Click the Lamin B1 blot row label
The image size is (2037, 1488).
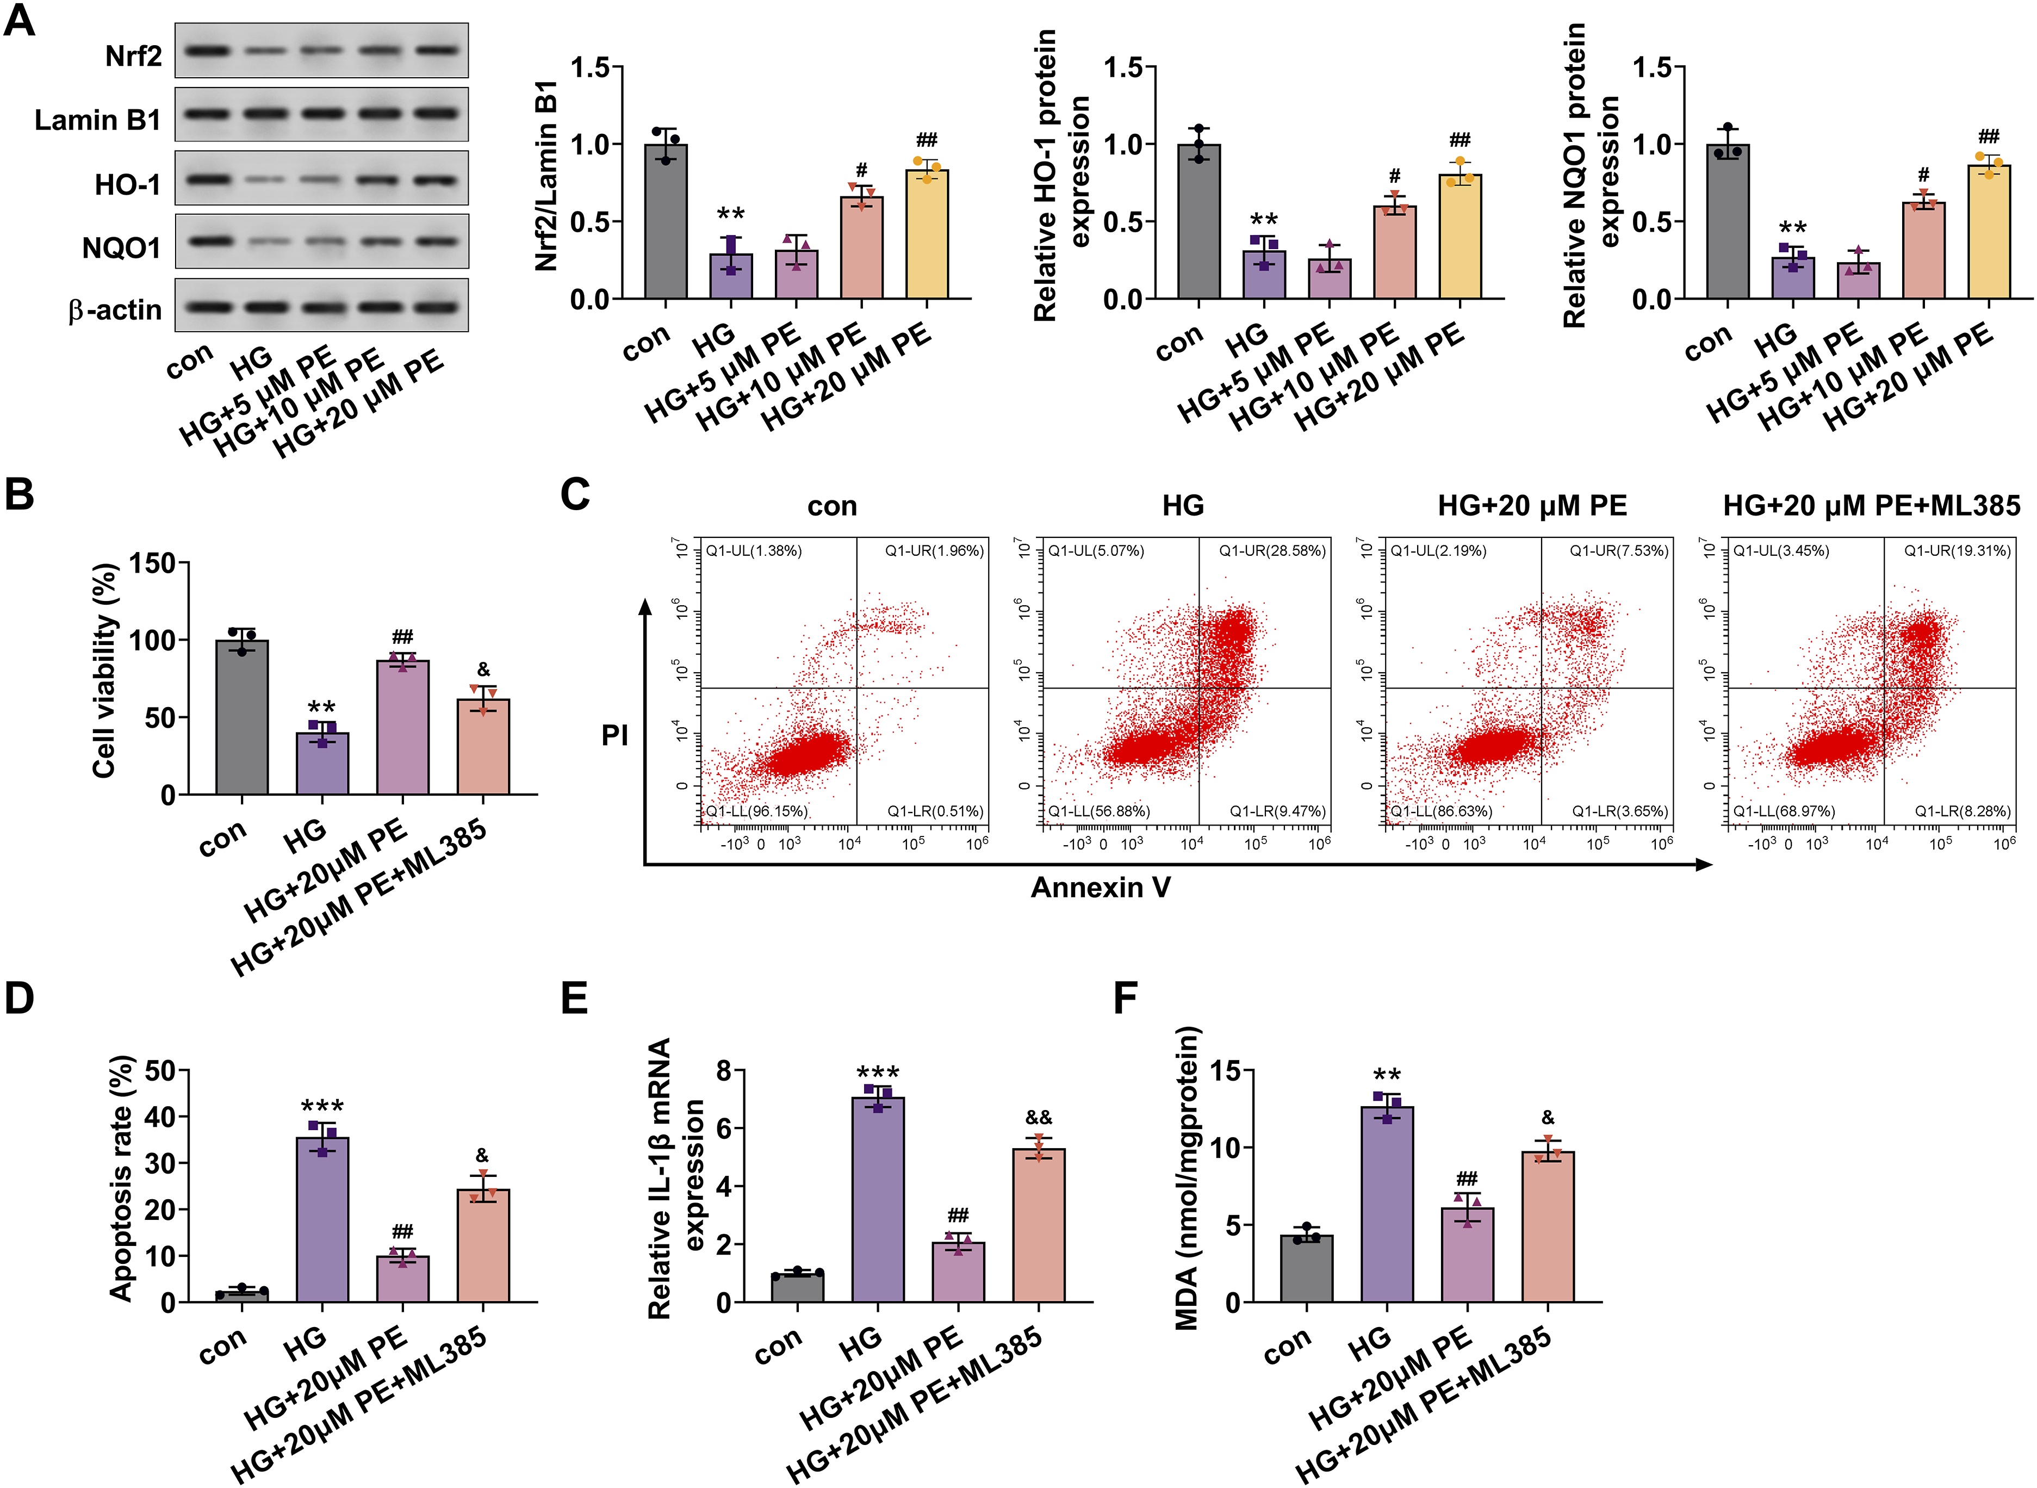pyautogui.click(x=97, y=120)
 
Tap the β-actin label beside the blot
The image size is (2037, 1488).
pyautogui.click(x=114, y=310)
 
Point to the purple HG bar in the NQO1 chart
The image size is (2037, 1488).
pyautogui.click(x=1793, y=278)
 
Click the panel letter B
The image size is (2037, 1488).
pyautogui.click(x=19, y=494)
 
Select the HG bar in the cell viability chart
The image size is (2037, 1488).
pyautogui.click(x=322, y=764)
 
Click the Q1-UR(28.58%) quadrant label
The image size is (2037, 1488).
pyautogui.click(x=1272, y=550)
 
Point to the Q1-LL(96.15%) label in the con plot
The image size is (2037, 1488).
pyautogui.click(x=756, y=811)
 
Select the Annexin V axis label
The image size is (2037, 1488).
pyautogui.click(x=1101, y=888)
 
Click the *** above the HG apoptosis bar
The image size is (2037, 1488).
pyautogui.click(x=322, y=1106)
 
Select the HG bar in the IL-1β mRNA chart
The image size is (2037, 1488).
pyautogui.click(x=878, y=1200)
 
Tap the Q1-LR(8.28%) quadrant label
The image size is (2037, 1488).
pyautogui.click(x=1963, y=811)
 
